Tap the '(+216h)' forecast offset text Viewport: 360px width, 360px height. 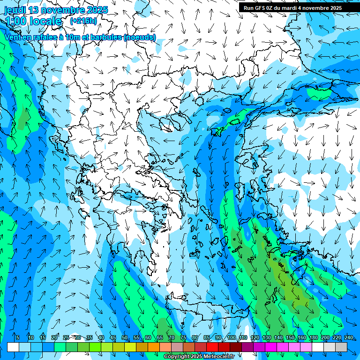tap(83, 21)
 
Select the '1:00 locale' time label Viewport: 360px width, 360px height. tap(33, 21)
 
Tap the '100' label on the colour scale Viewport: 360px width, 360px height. tap(231, 338)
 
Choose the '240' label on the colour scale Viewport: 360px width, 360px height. tap(348, 338)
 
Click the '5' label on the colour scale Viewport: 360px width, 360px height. tap(18, 338)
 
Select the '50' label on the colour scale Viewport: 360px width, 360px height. tap(125, 338)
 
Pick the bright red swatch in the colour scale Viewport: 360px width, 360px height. tap(212, 347)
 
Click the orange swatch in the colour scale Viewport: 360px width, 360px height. tap(142, 347)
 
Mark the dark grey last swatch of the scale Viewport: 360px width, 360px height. tap(341, 347)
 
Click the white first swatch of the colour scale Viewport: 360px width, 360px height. tap(13, 347)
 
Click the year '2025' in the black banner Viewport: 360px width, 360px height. tap(335, 7)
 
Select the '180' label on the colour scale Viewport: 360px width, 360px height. tap(313, 338)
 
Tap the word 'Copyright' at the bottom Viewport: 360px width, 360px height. tap(176, 357)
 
